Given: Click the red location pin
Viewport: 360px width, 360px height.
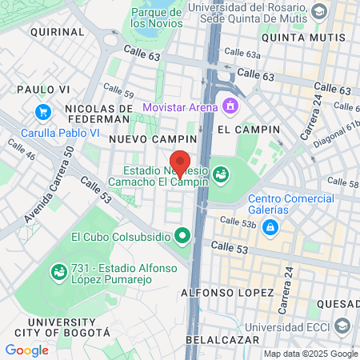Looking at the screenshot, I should [180, 162].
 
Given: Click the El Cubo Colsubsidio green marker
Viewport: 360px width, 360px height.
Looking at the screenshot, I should [182, 236].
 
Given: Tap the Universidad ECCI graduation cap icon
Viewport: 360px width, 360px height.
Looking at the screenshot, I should [343, 326].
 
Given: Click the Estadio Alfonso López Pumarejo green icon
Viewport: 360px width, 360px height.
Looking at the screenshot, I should [58, 273].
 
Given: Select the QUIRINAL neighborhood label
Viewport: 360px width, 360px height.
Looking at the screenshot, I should [57, 31].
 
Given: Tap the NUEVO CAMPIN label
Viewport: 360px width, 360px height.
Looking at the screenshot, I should [142, 138].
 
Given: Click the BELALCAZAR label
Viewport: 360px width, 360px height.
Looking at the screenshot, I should [220, 339].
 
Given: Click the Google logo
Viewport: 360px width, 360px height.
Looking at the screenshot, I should [27, 350].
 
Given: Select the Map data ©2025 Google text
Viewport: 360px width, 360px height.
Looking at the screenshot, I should [311, 354].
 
